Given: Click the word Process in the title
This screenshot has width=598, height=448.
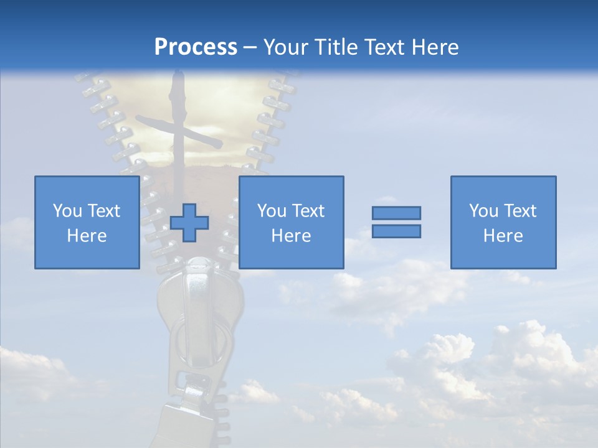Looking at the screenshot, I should click(x=196, y=47).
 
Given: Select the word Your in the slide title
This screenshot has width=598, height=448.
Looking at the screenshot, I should click(x=284, y=47).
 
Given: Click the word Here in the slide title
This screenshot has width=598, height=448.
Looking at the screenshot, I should click(x=435, y=47).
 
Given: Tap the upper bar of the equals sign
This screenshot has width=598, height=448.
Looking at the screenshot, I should click(x=396, y=213).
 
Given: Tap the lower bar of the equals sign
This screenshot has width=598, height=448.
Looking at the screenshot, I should click(x=396, y=231).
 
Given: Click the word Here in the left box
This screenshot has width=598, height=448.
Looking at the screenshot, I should click(x=87, y=236).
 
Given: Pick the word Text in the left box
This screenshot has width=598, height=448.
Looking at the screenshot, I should click(x=103, y=211).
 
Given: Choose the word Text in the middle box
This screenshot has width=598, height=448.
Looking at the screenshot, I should click(x=308, y=211).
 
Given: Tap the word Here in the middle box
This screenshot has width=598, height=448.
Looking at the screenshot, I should click(x=292, y=236).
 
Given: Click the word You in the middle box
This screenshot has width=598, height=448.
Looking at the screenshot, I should click(x=272, y=211).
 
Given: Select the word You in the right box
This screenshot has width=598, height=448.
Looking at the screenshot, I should click(x=483, y=211).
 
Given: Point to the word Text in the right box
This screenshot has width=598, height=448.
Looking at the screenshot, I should click(x=520, y=211).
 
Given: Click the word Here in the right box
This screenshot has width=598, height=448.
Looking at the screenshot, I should click(x=503, y=236).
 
